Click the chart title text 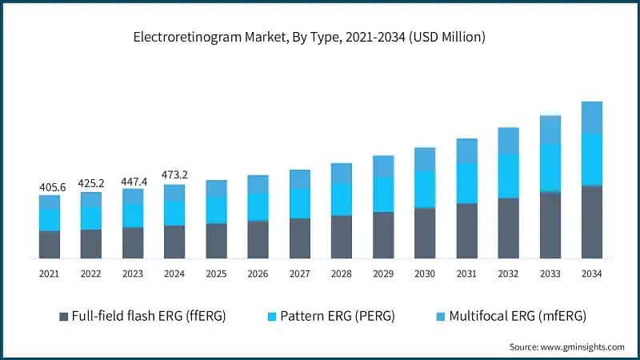[320, 37]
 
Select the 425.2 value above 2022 [91, 183]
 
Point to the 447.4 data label [133, 181]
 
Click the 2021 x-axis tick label [50, 274]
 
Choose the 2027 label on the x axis [299, 274]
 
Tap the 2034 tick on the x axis [591, 274]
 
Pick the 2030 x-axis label [425, 274]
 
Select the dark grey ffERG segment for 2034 [591, 222]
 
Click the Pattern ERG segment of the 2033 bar [550, 168]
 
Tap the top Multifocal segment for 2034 [591, 118]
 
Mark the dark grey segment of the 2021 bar [50, 245]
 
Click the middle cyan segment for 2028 [342, 199]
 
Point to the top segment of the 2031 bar [466, 151]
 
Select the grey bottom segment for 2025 [216, 241]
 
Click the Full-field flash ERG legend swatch [63, 317]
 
